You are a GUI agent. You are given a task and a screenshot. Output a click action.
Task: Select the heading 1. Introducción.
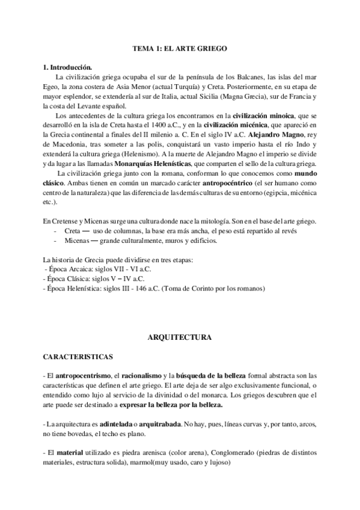67,67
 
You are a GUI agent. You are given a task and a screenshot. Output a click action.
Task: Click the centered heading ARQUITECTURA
180,338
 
